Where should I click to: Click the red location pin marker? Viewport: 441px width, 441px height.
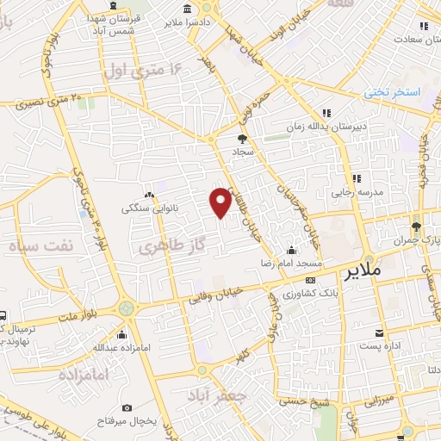coord(220,202)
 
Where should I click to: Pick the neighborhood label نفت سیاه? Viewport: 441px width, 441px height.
coord(38,245)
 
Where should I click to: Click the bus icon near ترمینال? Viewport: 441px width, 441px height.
coord(3,315)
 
